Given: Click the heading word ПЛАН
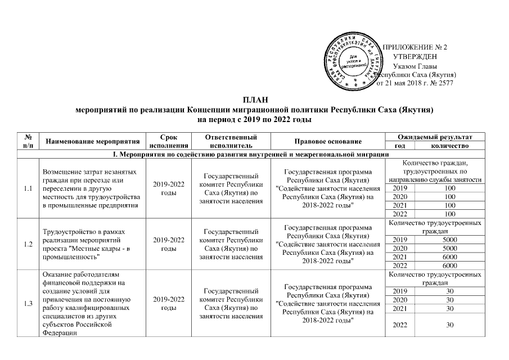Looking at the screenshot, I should pyautogui.click(x=254, y=99).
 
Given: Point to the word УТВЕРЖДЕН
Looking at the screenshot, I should pyautogui.click(x=416, y=56).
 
